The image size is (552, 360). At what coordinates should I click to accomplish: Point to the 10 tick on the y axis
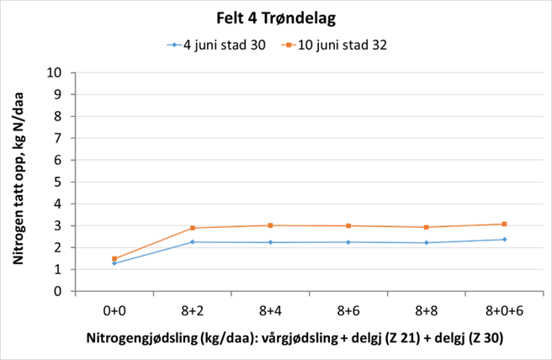(57, 72)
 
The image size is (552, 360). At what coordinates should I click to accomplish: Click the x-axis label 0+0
(114, 310)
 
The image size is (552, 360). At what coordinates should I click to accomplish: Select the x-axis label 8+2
(192, 310)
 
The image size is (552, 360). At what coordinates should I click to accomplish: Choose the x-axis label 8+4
(270, 310)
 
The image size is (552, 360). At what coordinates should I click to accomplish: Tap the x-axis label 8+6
(348, 310)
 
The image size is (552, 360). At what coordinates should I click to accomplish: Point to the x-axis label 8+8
(427, 310)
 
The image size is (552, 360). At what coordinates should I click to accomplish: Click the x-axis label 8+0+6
(504, 310)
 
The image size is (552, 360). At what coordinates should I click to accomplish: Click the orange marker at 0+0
(114, 259)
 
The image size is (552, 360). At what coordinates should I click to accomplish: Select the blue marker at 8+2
(192, 242)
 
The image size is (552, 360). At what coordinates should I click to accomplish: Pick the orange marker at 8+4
(270, 225)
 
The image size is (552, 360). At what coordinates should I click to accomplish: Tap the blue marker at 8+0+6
(504, 240)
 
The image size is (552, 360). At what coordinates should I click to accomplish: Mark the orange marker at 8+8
(427, 227)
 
